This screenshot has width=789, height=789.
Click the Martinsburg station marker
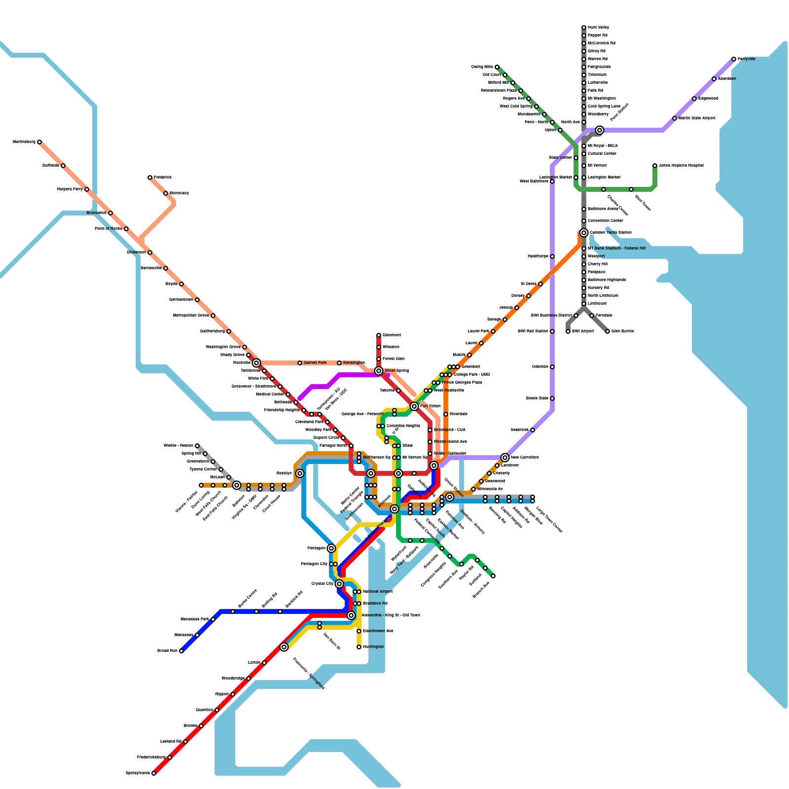click(39, 142)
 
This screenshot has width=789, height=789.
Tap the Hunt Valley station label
click(598, 28)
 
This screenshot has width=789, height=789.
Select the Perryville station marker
click(734, 59)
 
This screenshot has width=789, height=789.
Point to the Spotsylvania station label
click(138, 773)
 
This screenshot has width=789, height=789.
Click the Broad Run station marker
click(181, 651)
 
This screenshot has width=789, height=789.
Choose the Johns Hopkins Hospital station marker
click(655, 166)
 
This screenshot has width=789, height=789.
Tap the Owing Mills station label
click(482, 67)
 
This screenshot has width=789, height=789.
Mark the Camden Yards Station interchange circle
click(584, 233)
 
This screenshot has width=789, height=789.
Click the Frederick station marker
click(150, 178)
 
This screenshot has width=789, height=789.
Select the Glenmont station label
click(392, 335)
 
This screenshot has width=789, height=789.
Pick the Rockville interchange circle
click(256, 363)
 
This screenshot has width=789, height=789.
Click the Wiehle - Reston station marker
click(197, 446)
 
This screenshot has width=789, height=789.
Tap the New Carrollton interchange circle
click(505, 458)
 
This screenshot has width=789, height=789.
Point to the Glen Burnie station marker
click(608, 331)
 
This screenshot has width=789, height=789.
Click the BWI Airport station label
click(583, 331)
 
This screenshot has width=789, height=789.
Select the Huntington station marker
click(359, 647)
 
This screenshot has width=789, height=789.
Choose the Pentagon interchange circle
click(331, 548)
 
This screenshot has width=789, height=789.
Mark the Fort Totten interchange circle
click(414, 406)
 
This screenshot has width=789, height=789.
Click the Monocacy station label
click(179, 193)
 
